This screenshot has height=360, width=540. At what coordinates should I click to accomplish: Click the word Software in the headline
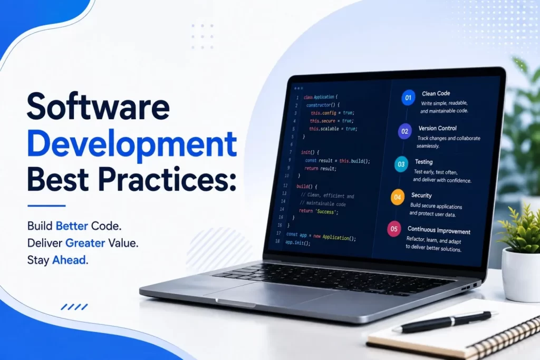pyautogui.click(x=98, y=106)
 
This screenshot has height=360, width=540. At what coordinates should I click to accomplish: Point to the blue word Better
pyautogui.click(x=72, y=226)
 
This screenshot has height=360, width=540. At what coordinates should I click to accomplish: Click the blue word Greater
pyautogui.click(x=85, y=243)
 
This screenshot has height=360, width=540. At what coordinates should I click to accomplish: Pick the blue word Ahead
pyautogui.click(x=69, y=260)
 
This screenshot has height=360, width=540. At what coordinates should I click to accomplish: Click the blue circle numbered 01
pyautogui.click(x=408, y=98)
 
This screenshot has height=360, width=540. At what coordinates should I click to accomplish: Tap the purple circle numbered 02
pyautogui.click(x=404, y=131)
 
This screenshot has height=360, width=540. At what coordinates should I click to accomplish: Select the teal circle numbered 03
pyautogui.click(x=401, y=164)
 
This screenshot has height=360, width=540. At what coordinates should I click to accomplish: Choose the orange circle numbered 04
pyautogui.click(x=398, y=197)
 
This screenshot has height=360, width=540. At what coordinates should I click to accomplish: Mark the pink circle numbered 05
pyautogui.click(x=394, y=229)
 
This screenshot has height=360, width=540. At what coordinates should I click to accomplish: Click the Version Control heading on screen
pyautogui.click(x=437, y=129)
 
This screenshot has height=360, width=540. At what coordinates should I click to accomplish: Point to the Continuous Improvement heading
pyautogui.click(x=439, y=230)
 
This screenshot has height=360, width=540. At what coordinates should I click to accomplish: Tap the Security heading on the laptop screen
pyautogui.click(x=421, y=196)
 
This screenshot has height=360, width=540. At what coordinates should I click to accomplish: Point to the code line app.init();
pyautogui.click(x=297, y=242)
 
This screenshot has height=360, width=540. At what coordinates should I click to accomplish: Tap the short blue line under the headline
pyautogui.click(x=46, y=206)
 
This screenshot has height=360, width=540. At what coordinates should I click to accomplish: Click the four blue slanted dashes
pyautogui.click(x=74, y=307)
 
